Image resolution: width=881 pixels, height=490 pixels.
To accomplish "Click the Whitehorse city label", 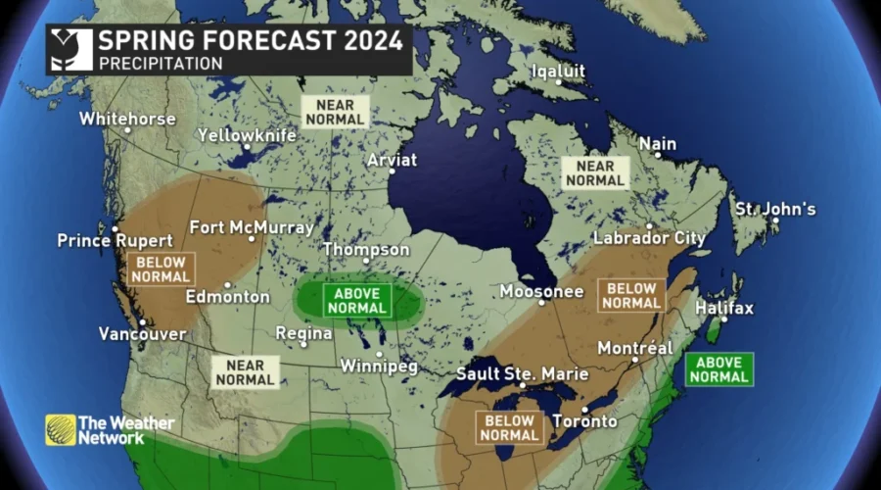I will click(127, 119).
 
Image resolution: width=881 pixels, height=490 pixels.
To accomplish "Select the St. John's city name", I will click(775, 210).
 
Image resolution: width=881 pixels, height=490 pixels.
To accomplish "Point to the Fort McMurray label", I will click(252, 227).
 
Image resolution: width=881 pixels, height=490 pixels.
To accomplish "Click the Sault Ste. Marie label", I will click(522, 374).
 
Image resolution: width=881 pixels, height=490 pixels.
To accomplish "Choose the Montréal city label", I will click(634, 348).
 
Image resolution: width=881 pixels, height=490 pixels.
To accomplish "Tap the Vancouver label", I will click(142, 334).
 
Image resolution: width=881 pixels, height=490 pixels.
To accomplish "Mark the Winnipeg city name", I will click(379, 367).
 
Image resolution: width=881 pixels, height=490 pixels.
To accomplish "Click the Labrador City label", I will click(650, 238).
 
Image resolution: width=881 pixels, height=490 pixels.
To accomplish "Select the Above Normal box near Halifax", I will click(719, 368).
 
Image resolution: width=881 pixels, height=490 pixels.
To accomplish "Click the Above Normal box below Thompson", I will click(357, 300).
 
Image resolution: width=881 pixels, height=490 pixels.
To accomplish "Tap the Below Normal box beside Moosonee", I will click(631, 295).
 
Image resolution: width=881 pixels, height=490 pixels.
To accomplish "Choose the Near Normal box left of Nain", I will click(593, 172).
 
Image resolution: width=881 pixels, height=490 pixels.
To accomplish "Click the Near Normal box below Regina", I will click(246, 371).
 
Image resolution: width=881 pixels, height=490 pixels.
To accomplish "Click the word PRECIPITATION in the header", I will click(160, 63).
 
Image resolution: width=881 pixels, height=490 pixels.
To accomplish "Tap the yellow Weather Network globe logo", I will click(60, 429).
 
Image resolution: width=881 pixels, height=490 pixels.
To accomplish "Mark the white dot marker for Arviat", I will click(393, 171).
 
